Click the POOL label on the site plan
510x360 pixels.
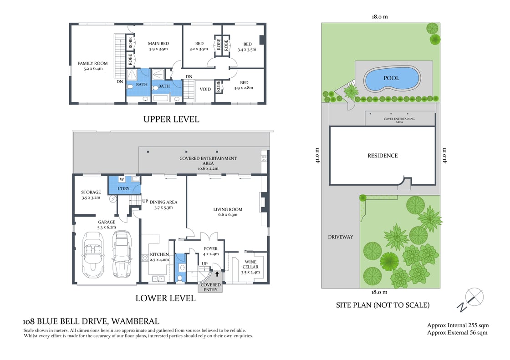391,78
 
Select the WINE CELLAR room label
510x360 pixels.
250,264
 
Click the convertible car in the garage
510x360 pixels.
93,254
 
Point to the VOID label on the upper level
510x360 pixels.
205,89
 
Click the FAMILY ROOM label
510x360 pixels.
92,63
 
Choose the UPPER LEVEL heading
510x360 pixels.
171,119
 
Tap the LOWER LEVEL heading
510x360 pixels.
166,298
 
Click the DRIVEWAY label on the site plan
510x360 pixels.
341,237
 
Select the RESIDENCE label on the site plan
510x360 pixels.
382,156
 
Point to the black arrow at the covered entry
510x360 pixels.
217,274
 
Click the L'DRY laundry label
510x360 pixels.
123,188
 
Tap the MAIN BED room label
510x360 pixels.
158,44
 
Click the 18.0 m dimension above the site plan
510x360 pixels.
380,16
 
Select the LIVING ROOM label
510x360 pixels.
228,209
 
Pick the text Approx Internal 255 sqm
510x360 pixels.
458,325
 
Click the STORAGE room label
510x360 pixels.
91,192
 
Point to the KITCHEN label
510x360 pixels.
159,254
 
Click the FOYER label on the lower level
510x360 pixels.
211,249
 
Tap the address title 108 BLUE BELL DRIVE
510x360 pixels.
65,322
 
